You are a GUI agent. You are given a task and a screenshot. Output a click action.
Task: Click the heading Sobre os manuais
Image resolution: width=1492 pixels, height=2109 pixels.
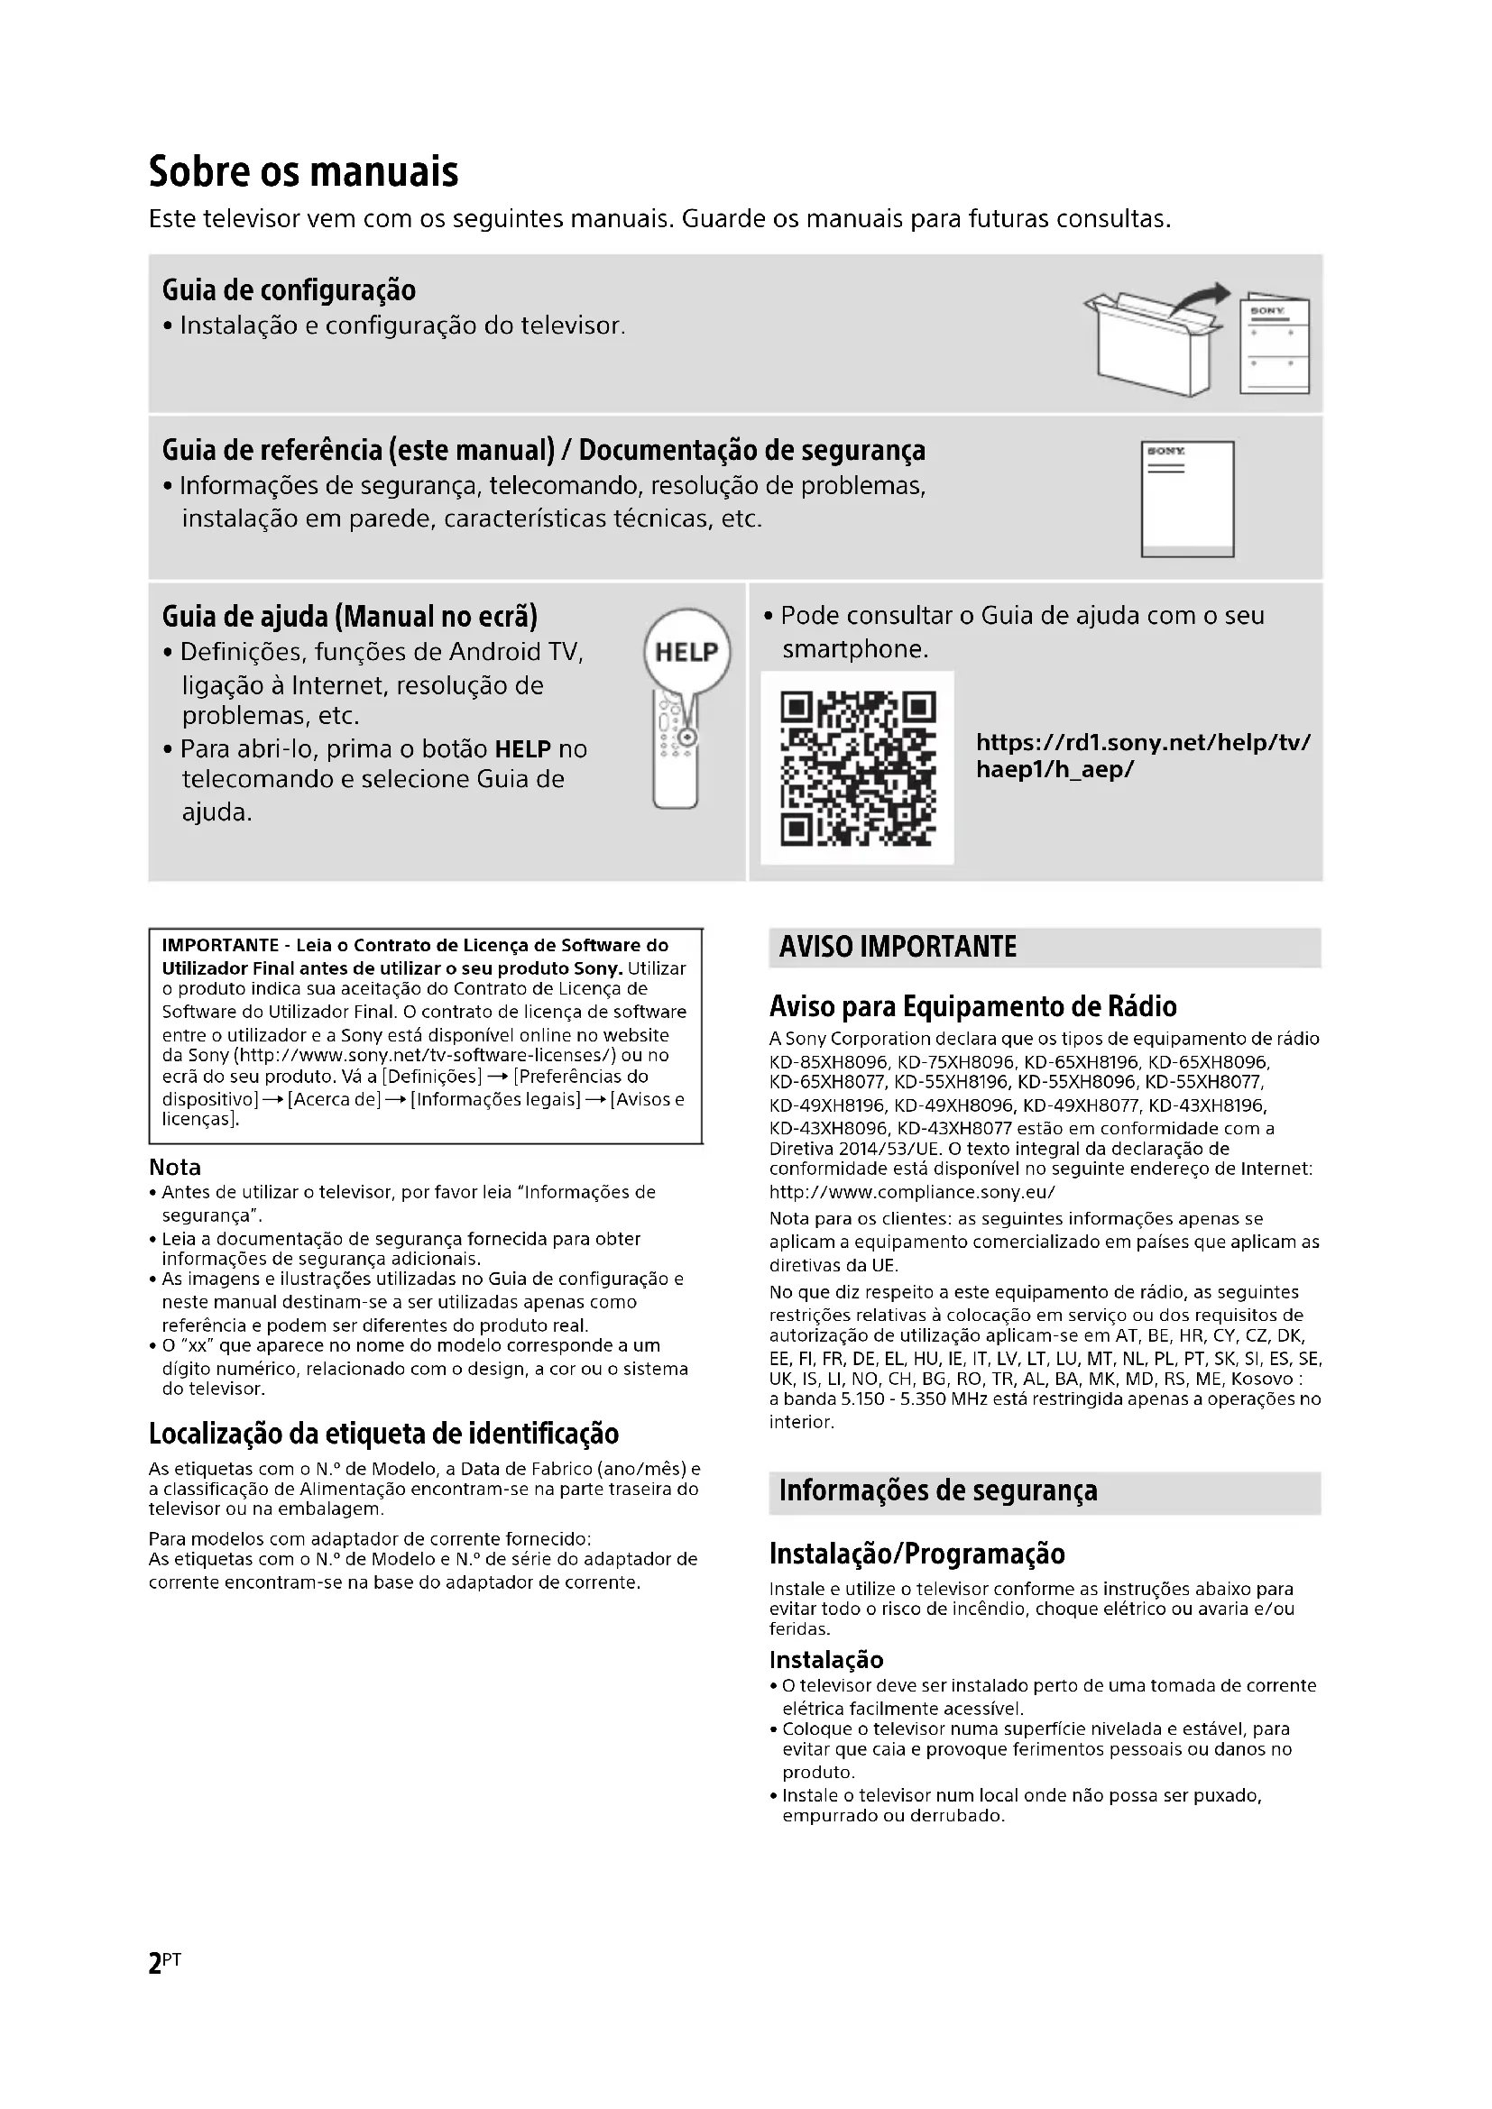(303, 172)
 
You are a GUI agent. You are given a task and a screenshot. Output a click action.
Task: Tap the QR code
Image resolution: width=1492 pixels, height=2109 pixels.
(857, 768)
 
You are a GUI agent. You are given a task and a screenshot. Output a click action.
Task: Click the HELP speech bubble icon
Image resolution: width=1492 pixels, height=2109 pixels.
(686, 651)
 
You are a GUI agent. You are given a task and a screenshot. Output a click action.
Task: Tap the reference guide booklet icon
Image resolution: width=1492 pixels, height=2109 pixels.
(1187, 499)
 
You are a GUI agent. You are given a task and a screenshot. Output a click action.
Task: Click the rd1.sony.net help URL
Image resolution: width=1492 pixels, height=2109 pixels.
(1143, 755)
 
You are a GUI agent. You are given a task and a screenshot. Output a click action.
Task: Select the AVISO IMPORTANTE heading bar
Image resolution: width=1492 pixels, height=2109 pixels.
(1044, 947)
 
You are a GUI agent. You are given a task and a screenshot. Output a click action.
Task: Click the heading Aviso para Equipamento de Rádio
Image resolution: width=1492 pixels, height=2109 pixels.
(972, 1007)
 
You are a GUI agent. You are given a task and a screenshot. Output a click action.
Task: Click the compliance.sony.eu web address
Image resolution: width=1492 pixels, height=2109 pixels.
(911, 1192)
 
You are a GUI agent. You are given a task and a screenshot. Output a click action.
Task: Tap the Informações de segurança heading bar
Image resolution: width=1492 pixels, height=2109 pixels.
(1044, 1490)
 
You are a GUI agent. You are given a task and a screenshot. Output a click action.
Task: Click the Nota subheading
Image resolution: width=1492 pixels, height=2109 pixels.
(175, 1168)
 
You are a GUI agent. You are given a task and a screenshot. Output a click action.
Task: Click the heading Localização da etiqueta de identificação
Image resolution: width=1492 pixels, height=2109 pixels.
(383, 1434)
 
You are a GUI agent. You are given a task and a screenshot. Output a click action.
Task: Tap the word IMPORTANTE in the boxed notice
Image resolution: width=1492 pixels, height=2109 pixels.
(219, 945)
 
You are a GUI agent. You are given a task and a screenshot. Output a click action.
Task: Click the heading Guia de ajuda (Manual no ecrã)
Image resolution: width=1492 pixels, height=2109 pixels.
(349, 617)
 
